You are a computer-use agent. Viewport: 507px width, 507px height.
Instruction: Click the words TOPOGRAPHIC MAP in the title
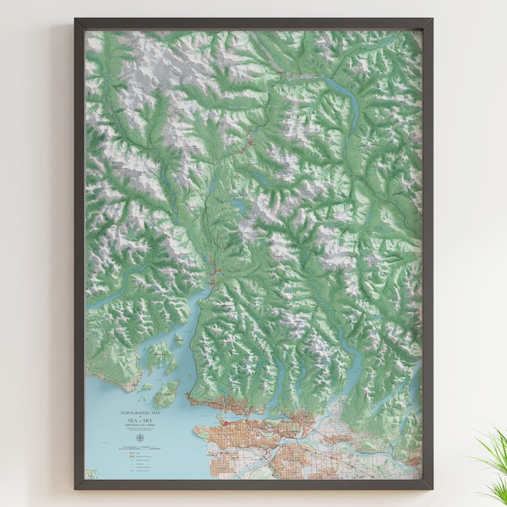[139, 412]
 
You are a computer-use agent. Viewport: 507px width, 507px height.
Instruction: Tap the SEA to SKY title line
[139, 419]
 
